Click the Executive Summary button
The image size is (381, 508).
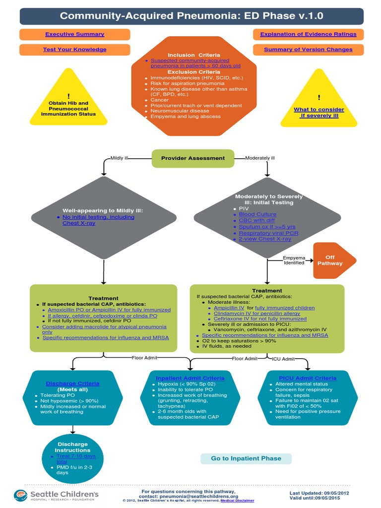tap(75, 34)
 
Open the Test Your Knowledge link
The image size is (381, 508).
tap(75, 50)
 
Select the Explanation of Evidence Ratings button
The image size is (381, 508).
tap(308, 34)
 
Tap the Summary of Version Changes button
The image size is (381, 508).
tap(308, 50)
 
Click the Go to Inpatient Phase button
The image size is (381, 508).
tap(246, 458)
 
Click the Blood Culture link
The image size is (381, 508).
tap(257, 214)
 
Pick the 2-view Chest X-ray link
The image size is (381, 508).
tap(264, 239)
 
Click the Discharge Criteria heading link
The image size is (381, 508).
tap(72, 383)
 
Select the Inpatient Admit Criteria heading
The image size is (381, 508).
tap(190, 378)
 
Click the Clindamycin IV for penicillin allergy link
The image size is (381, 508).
tap(257, 313)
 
